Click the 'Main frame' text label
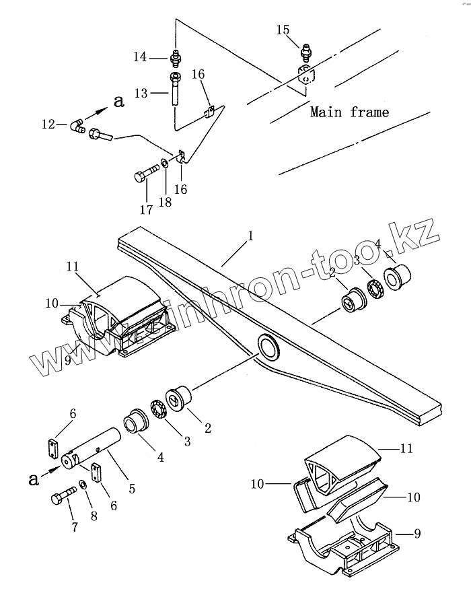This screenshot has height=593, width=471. (x=349, y=112)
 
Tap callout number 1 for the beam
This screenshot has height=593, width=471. (x=250, y=236)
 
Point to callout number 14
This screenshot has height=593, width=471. (x=139, y=58)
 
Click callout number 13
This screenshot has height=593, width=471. (x=141, y=93)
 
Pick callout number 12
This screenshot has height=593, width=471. (x=48, y=123)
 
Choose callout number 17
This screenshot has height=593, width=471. (x=145, y=209)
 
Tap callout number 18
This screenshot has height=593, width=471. (x=165, y=202)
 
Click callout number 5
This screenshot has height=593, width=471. (x=132, y=489)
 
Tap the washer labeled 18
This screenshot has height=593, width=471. (x=164, y=163)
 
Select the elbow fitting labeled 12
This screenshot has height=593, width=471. (x=77, y=126)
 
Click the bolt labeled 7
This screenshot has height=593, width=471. (x=59, y=500)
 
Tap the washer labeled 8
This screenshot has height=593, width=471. (x=81, y=484)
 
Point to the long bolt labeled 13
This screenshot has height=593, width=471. (x=174, y=89)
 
